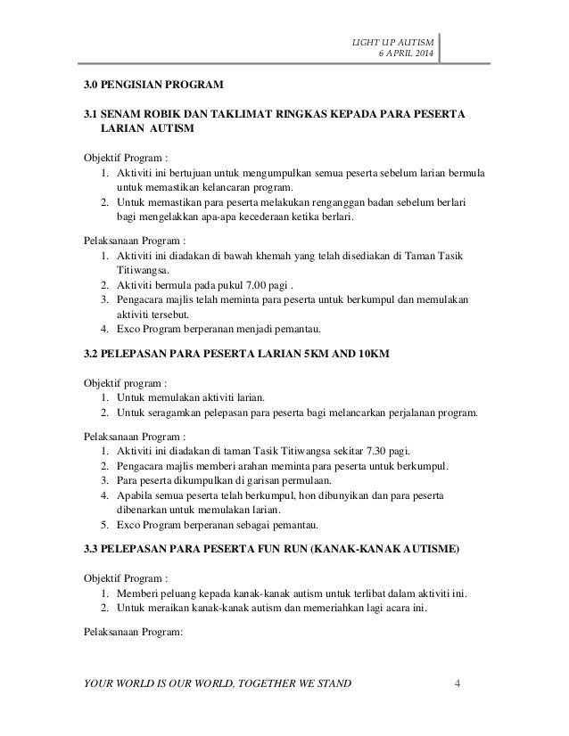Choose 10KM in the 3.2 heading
pos(368,356)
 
